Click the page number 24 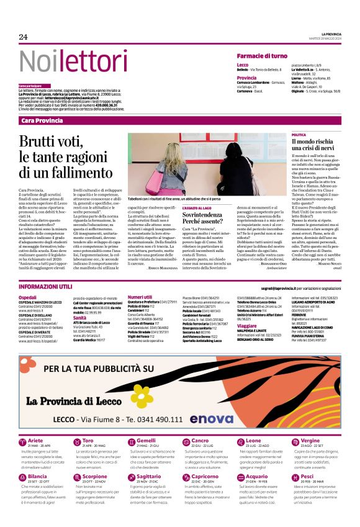coord(23,37)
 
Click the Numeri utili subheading coord(140,297)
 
